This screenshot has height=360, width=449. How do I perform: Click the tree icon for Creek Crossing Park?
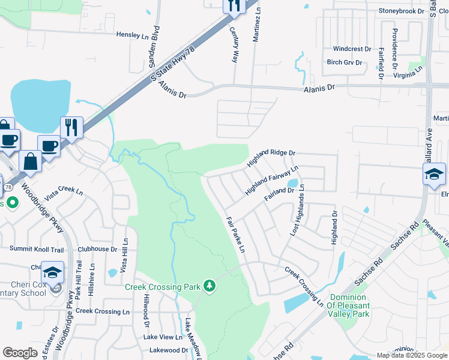click(209, 286)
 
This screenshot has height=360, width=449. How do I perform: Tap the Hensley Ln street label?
click(132, 36)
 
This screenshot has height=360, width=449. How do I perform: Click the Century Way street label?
click(235, 44)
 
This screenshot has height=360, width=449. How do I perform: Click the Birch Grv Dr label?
click(345, 62)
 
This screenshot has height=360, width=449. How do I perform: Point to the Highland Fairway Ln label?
click(271, 182)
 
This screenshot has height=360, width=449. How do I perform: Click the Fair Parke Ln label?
click(236, 234)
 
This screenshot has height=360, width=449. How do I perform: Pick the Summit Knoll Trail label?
click(37, 248)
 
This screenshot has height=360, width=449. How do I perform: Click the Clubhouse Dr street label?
click(97, 249)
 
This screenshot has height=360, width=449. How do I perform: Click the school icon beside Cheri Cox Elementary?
click(53, 272)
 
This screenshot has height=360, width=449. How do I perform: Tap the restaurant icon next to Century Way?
click(234, 5)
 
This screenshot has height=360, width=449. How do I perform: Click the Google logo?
click(20, 353)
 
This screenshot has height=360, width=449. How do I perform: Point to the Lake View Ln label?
click(158, 337)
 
